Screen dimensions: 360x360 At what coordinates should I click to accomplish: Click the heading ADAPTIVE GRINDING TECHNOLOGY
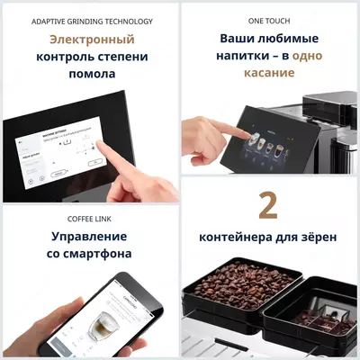(92, 21)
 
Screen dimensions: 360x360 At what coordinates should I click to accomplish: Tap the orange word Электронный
(92, 40)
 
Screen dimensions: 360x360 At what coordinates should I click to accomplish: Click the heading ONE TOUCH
(268, 21)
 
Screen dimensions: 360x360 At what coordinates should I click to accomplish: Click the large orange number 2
(267, 205)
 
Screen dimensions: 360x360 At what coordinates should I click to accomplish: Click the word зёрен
(317, 239)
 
